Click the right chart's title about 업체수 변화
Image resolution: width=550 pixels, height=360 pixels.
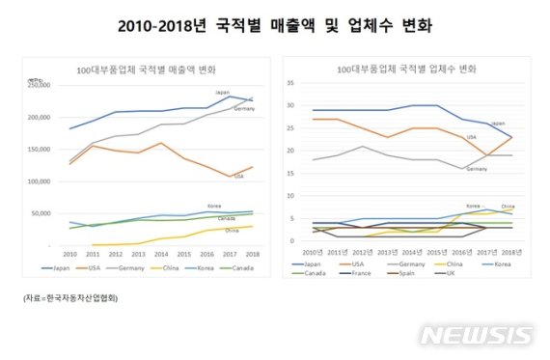(399, 70)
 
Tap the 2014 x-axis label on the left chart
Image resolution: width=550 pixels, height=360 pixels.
(162, 254)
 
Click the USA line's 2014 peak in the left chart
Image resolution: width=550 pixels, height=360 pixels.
(161, 143)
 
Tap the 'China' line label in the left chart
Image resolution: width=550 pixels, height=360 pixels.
(233, 231)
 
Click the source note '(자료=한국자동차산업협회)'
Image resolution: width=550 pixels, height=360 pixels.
(70, 298)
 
